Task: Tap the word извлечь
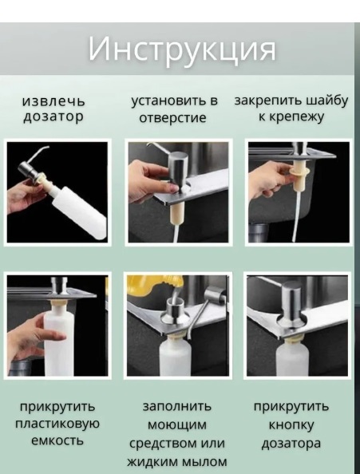click(x=53, y=101)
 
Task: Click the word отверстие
click(x=172, y=117)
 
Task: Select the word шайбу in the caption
click(x=327, y=101)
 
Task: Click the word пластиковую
click(x=57, y=424)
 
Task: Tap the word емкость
click(x=57, y=440)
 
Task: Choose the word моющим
click(x=177, y=425)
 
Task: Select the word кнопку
click(x=291, y=425)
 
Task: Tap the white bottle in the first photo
click(x=79, y=208)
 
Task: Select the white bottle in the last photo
click(x=292, y=358)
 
